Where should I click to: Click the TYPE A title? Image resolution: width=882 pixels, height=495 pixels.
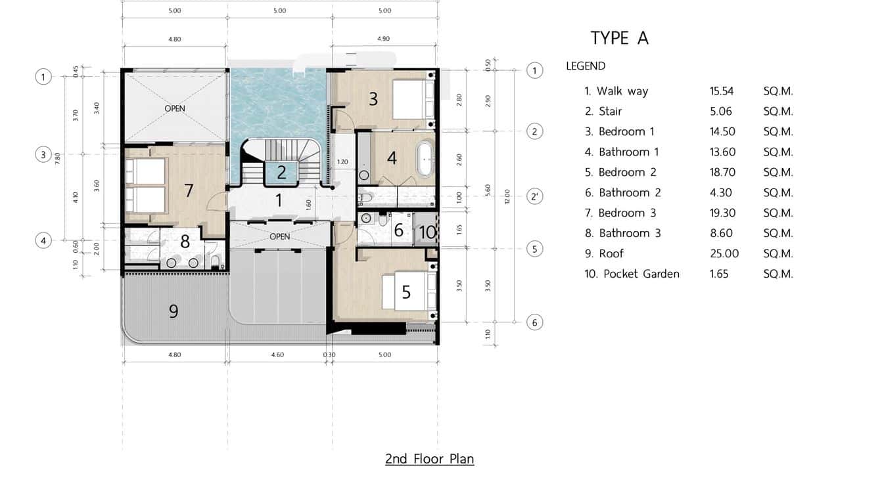(x=619, y=38)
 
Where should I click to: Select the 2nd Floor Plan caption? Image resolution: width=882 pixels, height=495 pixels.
(x=429, y=459)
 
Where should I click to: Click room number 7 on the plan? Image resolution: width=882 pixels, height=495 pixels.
(x=189, y=190)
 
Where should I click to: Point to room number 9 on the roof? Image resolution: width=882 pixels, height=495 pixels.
(x=174, y=311)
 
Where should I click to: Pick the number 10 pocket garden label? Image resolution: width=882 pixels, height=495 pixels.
(x=427, y=232)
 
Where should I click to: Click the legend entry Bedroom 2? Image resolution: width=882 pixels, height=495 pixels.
(x=621, y=173)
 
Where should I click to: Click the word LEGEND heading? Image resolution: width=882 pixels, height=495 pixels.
(x=586, y=66)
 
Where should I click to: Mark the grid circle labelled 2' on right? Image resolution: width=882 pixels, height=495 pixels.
(x=535, y=196)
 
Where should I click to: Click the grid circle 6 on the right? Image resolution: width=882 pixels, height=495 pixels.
(x=535, y=322)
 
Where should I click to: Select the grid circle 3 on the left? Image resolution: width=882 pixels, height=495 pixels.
(x=43, y=155)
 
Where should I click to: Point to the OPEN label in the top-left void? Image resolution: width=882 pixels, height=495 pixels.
(x=175, y=108)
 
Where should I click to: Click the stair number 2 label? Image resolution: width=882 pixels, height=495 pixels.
(x=281, y=173)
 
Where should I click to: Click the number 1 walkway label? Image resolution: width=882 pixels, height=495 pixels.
(x=279, y=200)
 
